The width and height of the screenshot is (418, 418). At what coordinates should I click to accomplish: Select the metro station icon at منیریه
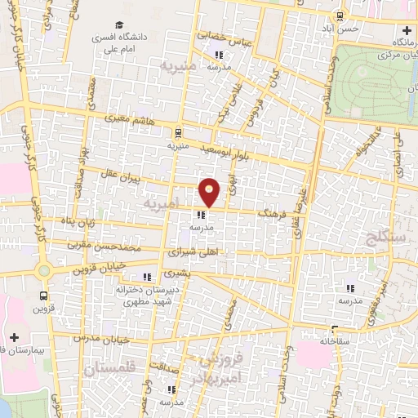tap(177, 131)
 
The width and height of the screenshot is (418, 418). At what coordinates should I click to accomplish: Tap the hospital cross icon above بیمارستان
tap(14, 337)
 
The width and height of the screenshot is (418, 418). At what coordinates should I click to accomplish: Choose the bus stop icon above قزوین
tap(43, 296)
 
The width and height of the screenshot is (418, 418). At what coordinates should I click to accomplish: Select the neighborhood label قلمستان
tap(104, 370)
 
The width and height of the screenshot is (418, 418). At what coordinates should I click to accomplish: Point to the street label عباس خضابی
tap(222, 36)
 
